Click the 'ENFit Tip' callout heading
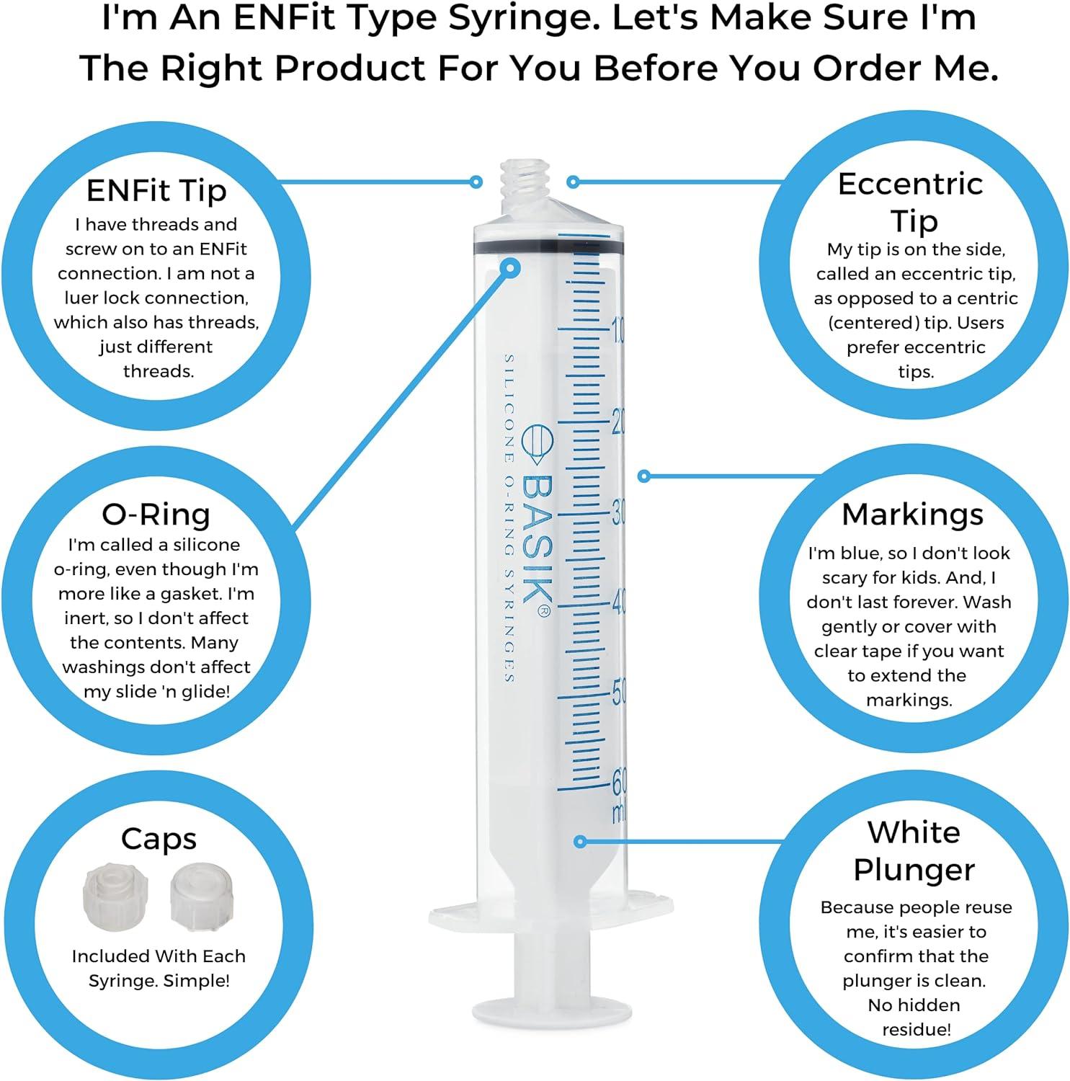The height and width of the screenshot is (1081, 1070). (156, 190)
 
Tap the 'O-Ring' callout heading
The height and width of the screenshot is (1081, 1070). (156, 514)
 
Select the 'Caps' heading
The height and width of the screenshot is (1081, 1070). (158, 838)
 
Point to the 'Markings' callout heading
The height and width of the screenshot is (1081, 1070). (912, 514)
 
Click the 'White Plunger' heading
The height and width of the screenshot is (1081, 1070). (914, 850)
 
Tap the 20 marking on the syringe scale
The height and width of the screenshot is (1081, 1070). (618, 422)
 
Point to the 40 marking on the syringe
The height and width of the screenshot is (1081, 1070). (618, 602)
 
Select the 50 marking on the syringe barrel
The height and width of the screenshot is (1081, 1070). (618, 692)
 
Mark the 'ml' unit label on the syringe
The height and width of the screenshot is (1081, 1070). (618, 813)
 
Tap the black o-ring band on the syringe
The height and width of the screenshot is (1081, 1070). (548, 246)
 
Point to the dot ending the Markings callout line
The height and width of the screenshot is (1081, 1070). (645, 476)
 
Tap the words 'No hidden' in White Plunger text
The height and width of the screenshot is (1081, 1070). (914, 1005)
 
